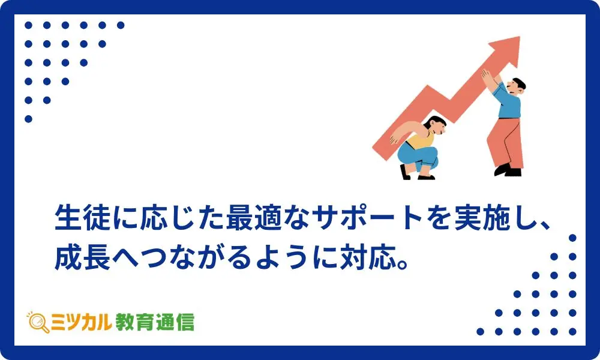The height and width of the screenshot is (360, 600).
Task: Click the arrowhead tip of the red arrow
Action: tap(519, 37)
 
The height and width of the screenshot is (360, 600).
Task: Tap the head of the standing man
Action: tap(517, 86)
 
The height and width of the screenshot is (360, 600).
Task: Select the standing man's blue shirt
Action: tap(508, 101)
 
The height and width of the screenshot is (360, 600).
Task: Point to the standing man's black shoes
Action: tap(508, 170)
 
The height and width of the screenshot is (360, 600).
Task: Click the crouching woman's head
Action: tap(436, 125)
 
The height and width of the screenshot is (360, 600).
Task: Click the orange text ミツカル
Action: tap(81, 322)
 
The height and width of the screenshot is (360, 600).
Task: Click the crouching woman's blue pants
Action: tap(417, 157)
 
